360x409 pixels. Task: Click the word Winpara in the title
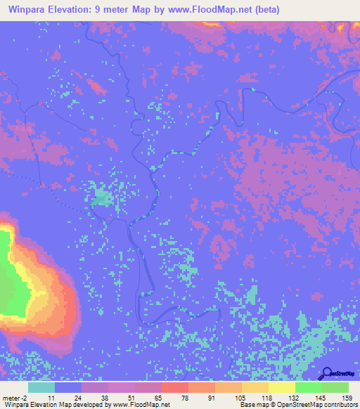coord(30,11)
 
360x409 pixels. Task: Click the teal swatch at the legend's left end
coord(41,387)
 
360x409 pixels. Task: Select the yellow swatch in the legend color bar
coord(282,387)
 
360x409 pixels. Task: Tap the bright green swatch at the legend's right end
coord(335,387)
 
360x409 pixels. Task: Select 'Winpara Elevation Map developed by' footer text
coord(56,405)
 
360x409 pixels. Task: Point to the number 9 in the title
coord(112,11)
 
